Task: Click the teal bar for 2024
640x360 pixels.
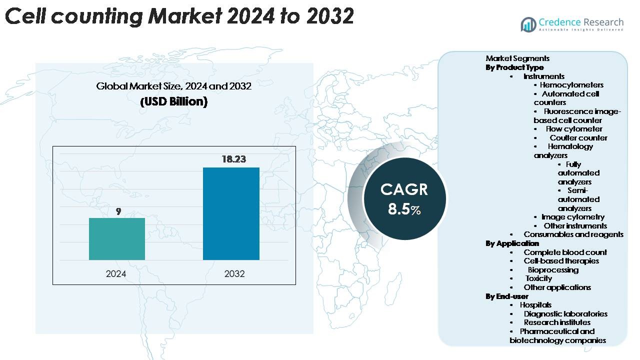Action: point(117,239)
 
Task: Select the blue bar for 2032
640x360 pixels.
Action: point(231,213)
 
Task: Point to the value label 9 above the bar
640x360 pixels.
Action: point(118,211)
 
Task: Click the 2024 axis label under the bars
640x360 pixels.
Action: point(116,273)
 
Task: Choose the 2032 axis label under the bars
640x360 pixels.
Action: point(234,273)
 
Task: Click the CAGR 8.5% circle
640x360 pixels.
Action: point(404,198)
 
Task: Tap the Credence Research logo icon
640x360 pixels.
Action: point(528,24)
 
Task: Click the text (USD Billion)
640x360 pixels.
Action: point(173,101)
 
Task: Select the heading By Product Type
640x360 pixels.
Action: point(514,67)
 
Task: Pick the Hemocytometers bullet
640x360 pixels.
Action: point(571,85)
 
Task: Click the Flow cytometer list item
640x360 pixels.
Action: point(574,129)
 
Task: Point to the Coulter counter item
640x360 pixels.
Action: point(578,137)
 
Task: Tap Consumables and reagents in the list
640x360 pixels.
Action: point(573,234)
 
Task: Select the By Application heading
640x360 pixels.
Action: point(512,243)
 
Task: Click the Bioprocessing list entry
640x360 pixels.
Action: point(553,270)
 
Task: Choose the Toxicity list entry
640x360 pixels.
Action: point(538,278)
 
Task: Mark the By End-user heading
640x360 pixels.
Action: point(507,296)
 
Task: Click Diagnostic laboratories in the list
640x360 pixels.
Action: point(565,314)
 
